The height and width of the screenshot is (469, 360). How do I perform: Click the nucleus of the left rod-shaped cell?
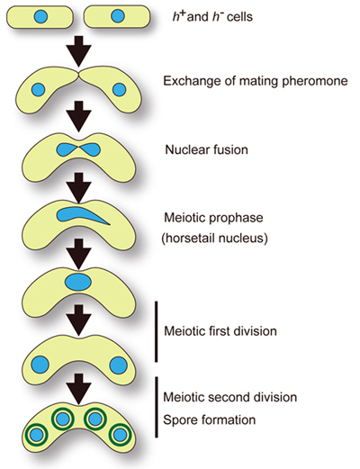(40, 16)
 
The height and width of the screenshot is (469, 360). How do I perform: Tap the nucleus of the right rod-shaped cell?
(117, 16)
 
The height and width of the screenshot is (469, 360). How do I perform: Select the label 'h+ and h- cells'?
(212, 16)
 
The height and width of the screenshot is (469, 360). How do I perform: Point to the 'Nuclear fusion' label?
(207, 149)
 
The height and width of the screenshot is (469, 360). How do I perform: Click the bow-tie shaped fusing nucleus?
(78, 149)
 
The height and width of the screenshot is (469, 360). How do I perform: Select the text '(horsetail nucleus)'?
(214, 239)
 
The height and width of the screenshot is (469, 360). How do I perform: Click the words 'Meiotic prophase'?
(213, 217)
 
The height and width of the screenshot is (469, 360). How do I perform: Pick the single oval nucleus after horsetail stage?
(78, 283)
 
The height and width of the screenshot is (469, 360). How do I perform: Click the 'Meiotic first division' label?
(220, 331)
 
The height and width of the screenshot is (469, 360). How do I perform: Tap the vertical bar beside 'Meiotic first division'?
(156, 331)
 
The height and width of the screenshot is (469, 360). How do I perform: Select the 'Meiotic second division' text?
(230, 397)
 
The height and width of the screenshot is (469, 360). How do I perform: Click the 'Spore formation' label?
(210, 419)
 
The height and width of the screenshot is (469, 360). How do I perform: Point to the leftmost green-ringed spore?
(37, 434)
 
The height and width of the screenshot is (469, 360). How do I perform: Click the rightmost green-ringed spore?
(120, 434)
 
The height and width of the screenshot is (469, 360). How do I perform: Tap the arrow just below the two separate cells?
(78, 51)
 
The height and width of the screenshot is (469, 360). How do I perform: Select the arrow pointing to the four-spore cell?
(78, 389)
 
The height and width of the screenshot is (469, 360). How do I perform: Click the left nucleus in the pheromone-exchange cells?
(38, 89)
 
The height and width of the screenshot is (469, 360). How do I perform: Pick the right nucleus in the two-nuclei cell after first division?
(118, 365)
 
